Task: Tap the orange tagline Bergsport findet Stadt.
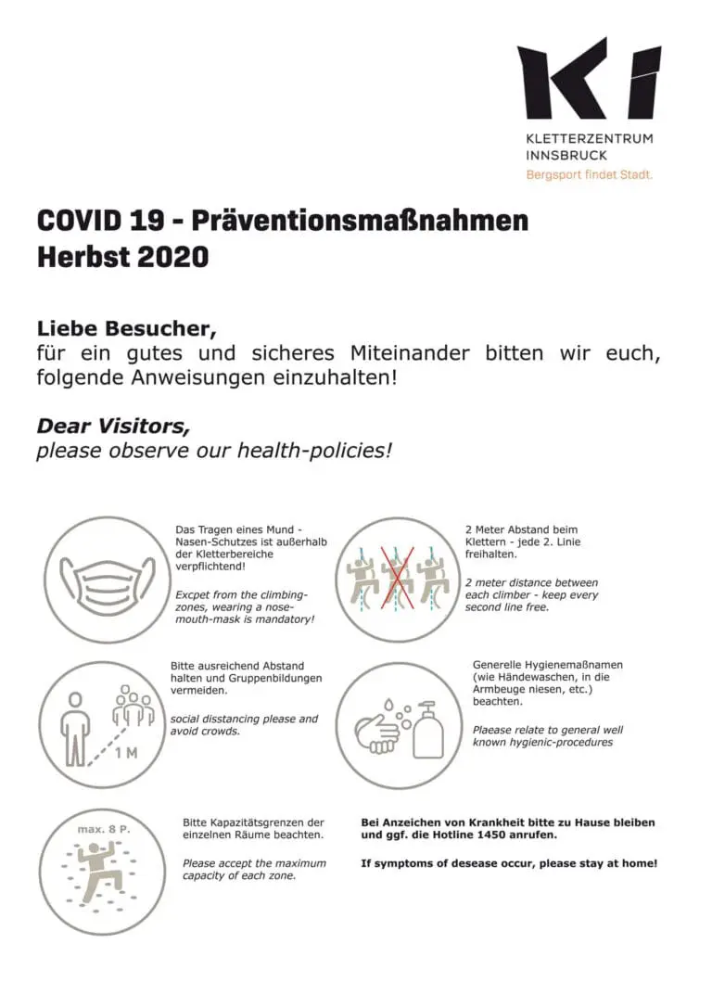tap(589, 173)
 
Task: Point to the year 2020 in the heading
tap(172, 257)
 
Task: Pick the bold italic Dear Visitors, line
tap(113, 426)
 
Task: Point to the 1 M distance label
tap(125, 752)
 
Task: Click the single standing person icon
tap(75, 729)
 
